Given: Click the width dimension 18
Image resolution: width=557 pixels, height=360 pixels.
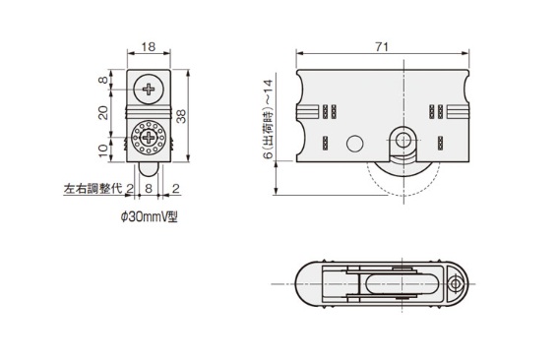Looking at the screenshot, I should click(150, 46).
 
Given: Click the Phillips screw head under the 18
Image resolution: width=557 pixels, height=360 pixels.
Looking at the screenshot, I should click(150, 90).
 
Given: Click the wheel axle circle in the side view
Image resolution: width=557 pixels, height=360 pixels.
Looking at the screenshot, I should click(402, 139).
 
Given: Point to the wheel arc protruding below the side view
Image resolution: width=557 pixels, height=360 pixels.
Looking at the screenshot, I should click(403, 191).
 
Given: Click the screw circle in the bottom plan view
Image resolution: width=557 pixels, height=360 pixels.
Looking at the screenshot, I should click(455, 284).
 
